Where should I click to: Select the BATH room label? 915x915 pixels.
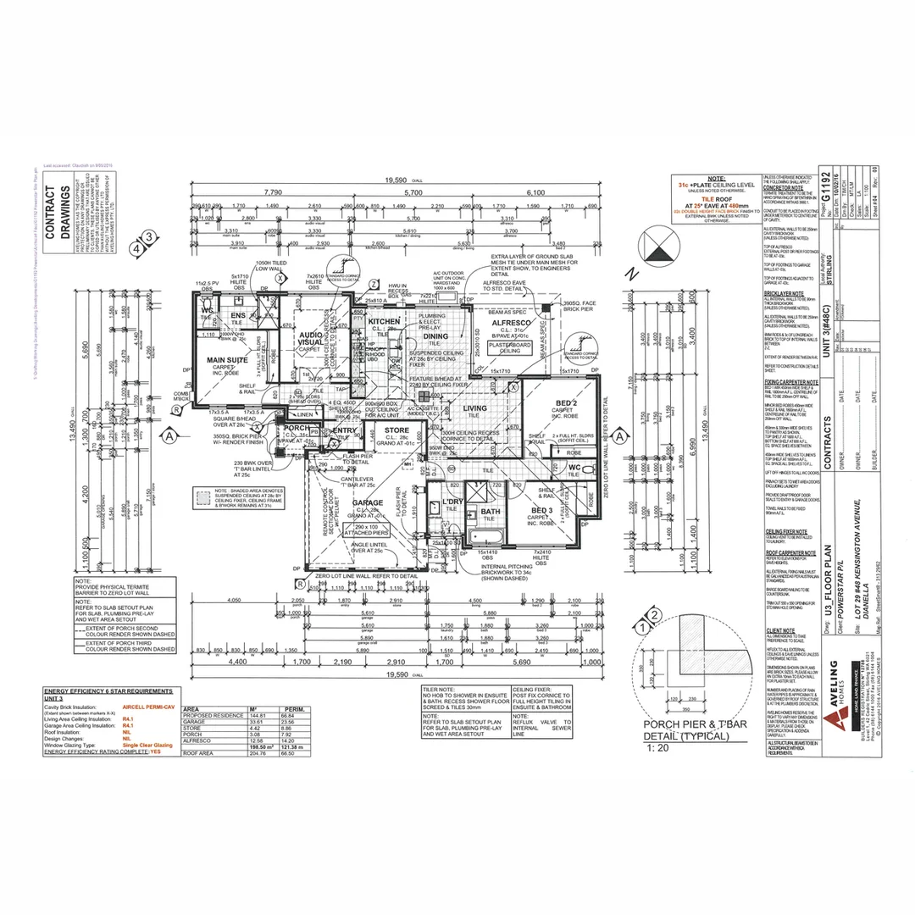pos(491,511)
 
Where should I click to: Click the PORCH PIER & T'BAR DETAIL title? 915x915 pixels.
pos(685,731)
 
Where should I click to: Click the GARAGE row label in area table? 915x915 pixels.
pos(195,722)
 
